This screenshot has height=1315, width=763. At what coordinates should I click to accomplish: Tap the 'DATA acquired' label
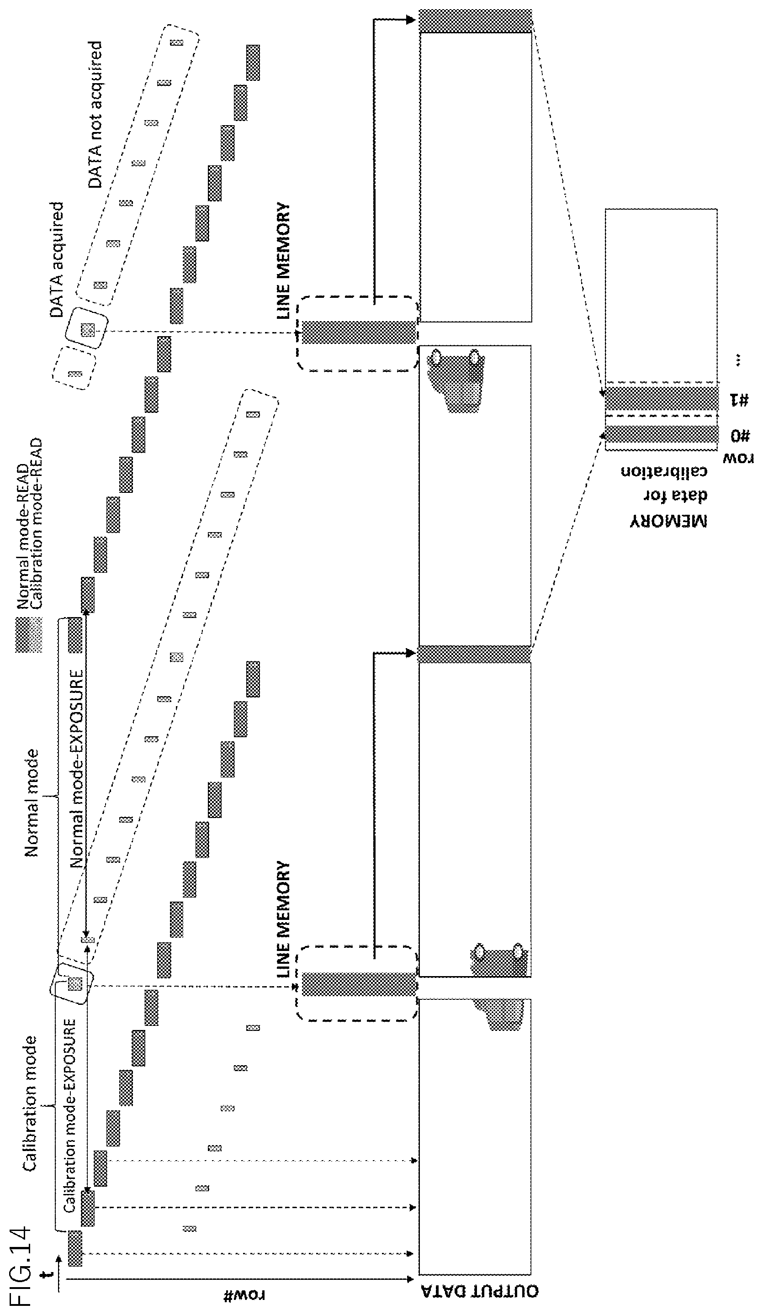[56, 259]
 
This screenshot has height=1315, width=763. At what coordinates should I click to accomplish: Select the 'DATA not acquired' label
[95, 114]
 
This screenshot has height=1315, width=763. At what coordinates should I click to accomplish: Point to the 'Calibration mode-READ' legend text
[36, 523]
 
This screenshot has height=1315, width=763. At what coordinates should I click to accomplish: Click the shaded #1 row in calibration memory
[661, 399]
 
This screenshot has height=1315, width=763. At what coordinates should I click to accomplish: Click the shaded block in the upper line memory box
[359, 333]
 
